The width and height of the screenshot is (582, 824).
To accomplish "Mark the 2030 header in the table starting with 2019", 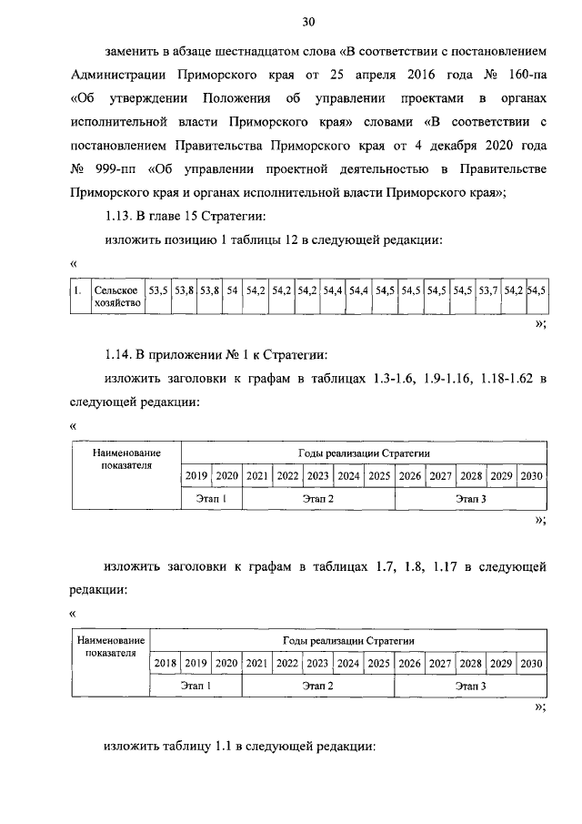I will click(x=531, y=475).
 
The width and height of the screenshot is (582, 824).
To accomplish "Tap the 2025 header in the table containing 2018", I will click(x=377, y=663).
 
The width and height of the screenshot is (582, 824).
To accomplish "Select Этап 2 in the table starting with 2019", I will click(x=318, y=499).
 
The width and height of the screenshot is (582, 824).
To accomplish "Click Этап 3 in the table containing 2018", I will click(x=470, y=687).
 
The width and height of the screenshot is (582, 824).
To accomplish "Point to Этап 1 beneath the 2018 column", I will click(x=196, y=687).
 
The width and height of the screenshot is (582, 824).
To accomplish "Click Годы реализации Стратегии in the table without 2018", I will click(x=364, y=453).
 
